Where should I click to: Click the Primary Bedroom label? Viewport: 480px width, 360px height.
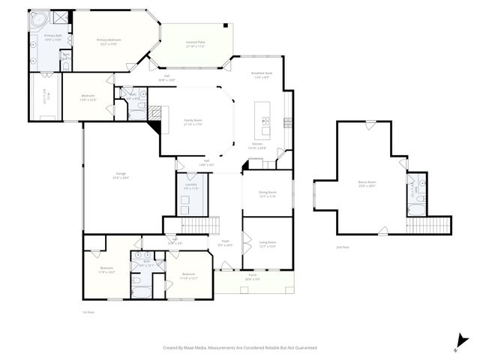coord(109,41)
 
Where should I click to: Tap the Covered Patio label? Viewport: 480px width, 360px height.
coord(196,44)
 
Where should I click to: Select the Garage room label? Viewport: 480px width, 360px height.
coord(121,177)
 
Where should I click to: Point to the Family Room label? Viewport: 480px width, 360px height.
coord(193,121)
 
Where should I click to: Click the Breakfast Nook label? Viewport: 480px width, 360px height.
coord(262,74)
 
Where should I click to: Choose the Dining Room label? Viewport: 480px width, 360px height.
coord(268,193)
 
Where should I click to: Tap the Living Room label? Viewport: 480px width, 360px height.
coord(268,243)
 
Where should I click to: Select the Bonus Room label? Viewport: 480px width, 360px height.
coord(367,183)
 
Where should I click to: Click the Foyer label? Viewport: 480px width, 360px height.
coord(224,243)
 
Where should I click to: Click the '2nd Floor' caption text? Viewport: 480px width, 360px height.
coord(343,247)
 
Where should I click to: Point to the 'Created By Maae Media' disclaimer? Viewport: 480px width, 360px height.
coord(240,347)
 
